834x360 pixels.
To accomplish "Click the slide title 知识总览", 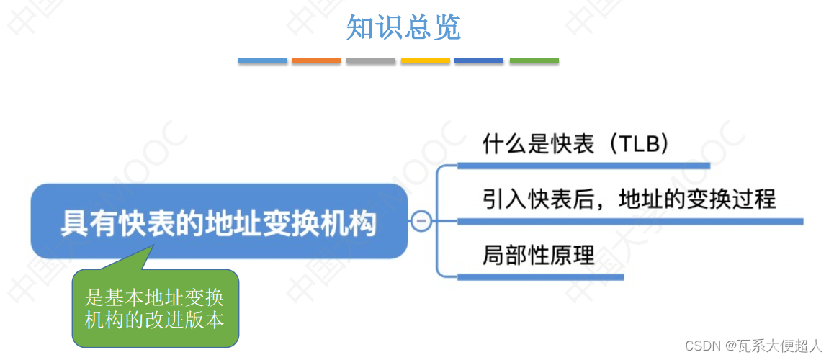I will pos(403,27).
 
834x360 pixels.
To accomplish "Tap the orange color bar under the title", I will pos(316,61).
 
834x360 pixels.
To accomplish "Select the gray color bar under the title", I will pos(371,61).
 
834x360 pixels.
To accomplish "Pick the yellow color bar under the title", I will pos(426,61).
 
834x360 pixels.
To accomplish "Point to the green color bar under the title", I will pos(534,61).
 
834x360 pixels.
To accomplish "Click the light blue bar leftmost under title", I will pos(263,61).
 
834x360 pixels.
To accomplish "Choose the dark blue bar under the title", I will pos(479,61).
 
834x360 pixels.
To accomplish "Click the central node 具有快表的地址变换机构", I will pos(219,222).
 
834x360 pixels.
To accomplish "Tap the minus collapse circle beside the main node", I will pos(422,221).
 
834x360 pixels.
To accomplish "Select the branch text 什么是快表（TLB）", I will pos(576,144).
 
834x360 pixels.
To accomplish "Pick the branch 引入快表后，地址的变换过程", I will pos(629,198).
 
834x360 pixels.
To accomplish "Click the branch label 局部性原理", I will pos(539,254).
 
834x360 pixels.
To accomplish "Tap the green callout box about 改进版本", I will pos(155,308).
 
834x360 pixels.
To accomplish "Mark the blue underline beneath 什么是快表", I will pos(583,166).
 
